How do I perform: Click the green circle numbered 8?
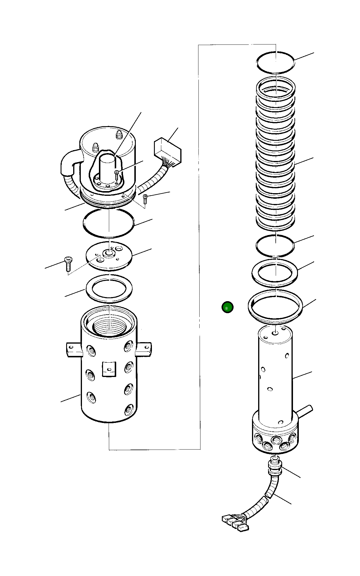point(227,307)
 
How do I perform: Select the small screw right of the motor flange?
point(145,199)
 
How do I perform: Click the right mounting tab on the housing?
point(144,349)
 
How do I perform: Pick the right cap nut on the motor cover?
point(119,135)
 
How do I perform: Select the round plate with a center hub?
point(109,256)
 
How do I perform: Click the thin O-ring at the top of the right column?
point(275,62)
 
